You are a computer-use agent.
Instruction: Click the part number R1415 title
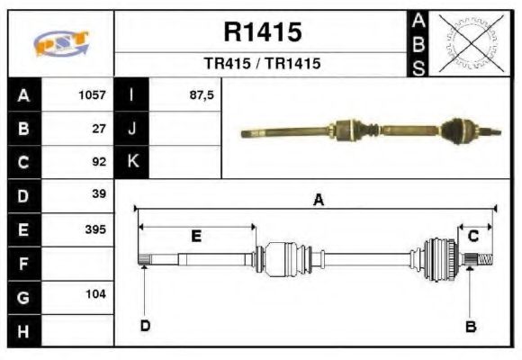[262, 33]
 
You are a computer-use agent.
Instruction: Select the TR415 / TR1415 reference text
[262, 64]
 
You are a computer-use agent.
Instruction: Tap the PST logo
[61, 43]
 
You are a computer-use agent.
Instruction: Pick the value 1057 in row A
[92, 94]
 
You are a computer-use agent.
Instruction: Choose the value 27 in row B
[99, 129]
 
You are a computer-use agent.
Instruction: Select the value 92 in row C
[99, 163]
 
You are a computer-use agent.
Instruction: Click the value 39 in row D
[99, 194]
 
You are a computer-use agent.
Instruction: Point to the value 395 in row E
[94, 229]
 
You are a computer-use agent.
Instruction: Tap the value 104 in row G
[94, 294]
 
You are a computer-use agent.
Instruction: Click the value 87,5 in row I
[202, 94]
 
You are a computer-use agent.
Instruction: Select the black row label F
[23, 264]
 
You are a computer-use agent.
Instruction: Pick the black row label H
[23, 330]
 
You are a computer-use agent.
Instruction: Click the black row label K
[132, 163]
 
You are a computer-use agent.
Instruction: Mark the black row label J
[132, 129]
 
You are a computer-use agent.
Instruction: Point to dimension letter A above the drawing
[318, 201]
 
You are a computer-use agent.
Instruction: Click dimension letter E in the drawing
[196, 237]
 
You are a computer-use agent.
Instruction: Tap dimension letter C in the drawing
[473, 236]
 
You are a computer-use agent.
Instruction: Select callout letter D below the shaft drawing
[144, 326]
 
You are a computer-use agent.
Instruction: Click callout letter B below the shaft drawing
[470, 327]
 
